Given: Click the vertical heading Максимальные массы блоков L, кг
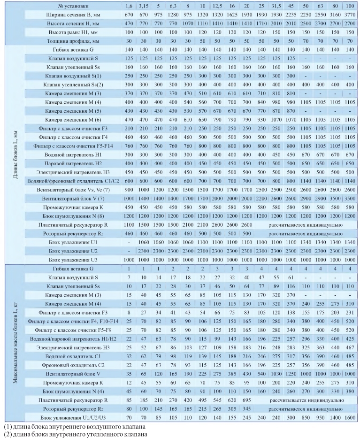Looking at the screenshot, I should (9, 342).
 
